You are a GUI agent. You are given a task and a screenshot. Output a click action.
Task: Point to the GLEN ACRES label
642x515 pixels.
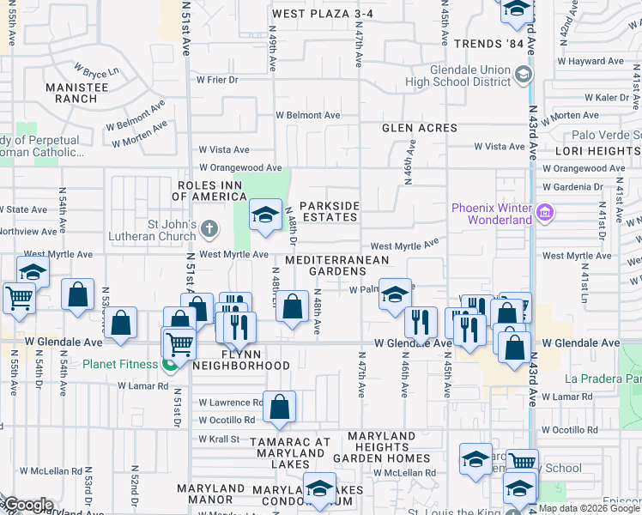(420, 128)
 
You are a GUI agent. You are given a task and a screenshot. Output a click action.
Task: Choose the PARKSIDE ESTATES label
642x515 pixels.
(328, 211)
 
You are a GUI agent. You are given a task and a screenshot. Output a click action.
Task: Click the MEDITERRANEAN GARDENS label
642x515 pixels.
(336, 265)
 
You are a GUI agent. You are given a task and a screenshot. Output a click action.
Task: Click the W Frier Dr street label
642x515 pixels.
(216, 80)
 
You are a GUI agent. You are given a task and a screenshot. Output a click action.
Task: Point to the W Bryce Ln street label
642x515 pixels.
(95, 69)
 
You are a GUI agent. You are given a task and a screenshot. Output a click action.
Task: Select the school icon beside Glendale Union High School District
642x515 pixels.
(522, 76)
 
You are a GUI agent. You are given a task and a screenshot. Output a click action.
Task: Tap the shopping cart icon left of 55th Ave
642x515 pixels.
(18, 298)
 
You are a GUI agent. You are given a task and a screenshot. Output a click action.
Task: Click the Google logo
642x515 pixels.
(27, 505)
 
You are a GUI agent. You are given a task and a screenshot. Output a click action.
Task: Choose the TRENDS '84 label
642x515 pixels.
(488, 44)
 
